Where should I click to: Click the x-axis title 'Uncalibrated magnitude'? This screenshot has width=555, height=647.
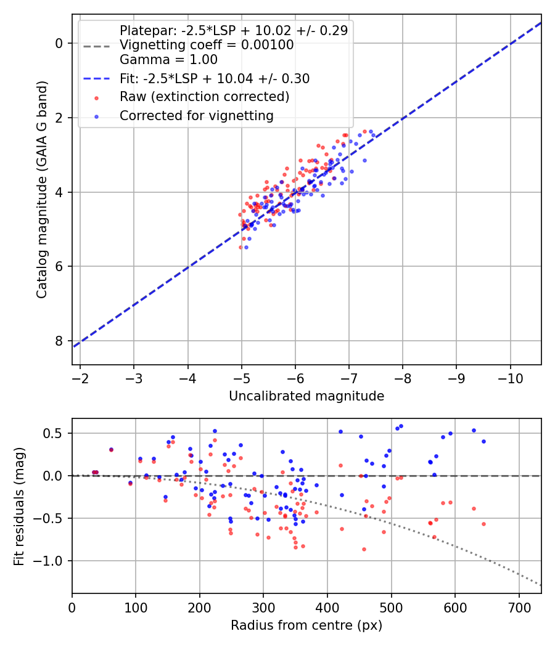(x=306, y=396)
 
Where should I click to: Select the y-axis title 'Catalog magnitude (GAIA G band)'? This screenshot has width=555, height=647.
(x=42, y=189)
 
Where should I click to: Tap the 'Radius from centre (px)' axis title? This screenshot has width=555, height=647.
(x=306, y=625)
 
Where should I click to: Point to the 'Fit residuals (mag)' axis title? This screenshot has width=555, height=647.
(x=19, y=507)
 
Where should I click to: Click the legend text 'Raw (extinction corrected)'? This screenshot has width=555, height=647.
(x=204, y=97)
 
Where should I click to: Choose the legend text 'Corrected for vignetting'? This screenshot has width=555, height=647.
(x=197, y=116)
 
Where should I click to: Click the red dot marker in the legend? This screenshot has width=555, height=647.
(x=97, y=98)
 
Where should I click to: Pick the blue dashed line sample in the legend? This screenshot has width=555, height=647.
(x=97, y=78)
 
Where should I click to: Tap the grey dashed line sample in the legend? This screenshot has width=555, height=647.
(x=97, y=46)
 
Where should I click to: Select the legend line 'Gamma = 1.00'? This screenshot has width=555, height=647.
(x=168, y=60)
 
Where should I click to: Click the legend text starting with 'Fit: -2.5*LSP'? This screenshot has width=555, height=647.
(x=215, y=78)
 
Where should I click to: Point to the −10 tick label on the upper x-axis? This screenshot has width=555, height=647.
(x=511, y=378)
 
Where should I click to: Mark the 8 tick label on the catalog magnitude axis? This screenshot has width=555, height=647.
(x=59, y=341)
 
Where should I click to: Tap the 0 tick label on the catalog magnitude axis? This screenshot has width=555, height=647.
(x=59, y=43)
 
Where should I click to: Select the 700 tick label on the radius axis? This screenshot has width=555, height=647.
(x=519, y=608)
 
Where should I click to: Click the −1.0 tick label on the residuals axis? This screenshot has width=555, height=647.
(x=46, y=561)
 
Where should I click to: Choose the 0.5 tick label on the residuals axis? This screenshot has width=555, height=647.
(x=52, y=433)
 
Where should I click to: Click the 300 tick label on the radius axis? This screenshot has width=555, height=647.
(x=263, y=608)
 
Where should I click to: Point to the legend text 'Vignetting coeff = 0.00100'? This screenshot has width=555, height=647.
(x=207, y=44)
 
